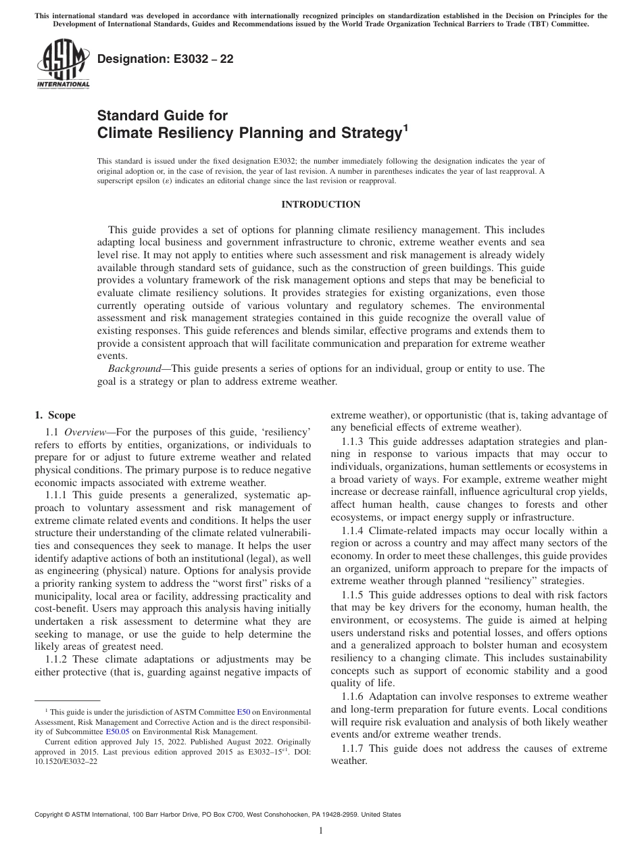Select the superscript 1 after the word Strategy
pyautogui.click(x=405, y=128)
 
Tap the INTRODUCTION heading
pyautogui.click(x=320, y=204)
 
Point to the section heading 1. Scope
pyautogui.click(x=55, y=415)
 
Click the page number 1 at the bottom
pyautogui.click(x=321, y=831)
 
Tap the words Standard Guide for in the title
pyautogui.click(x=162, y=116)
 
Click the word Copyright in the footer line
pyautogui.click(x=50, y=815)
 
